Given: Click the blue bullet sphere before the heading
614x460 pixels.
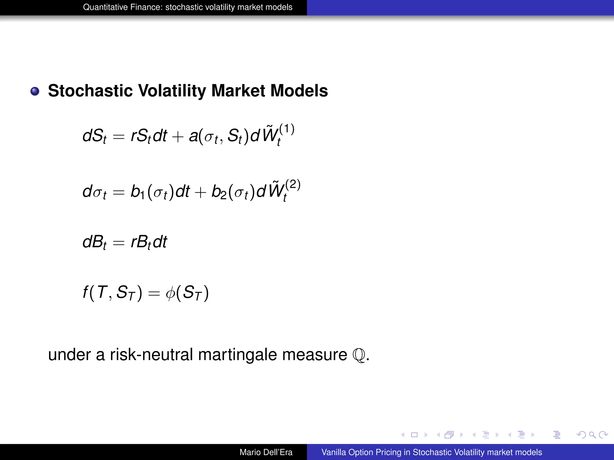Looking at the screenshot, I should pyautogui.click(x=35, y=91).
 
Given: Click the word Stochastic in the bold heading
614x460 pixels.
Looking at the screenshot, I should pyautogui.click(x=90, y=91).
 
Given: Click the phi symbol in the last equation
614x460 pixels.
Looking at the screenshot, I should pyautogui.click(x=170, y=293).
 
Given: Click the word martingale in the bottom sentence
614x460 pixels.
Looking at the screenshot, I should pyautogui.click(x=237, y=355).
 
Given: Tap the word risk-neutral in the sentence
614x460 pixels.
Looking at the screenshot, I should pyautogui.click(x=151, y=355).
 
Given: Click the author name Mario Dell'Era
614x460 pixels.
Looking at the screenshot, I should pyautogui.click(x=266, y=452).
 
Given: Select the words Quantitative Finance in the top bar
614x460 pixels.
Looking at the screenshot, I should pyautogui.click(x=123, y=7).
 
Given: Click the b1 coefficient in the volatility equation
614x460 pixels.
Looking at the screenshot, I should pyautogui.click(x=138, y=192).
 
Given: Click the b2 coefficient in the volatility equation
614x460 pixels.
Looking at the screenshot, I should pyautogui.click(x=219, y=192).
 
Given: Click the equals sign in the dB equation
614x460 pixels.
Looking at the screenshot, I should pyautogui.click(x=118, y=243).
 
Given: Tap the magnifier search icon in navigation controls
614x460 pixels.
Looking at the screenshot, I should pyautogui.click(x=592, y=435).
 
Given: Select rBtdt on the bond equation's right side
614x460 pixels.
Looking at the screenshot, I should pyautogui.click(x=149, y=242).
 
